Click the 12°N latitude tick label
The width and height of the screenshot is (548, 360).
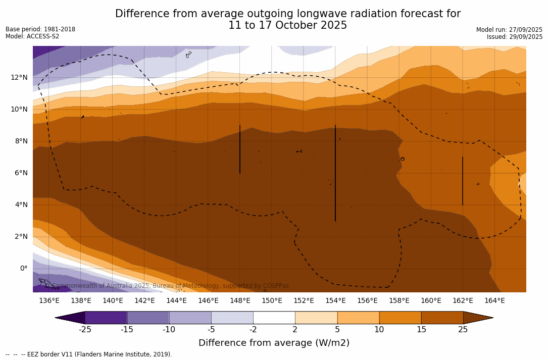pyautogui.click(x=19, y=77)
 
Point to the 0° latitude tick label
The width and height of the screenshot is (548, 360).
pyautogui.click(x=23, y=268)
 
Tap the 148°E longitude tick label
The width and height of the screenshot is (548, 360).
pyautogui.click(x=240, y=301)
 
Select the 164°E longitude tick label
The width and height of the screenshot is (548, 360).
pyautogui.click(x=494, y=301)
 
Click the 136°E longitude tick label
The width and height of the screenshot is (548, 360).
pyautogui.click(x=49, y=301)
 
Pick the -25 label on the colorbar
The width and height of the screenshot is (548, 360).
pyautogui.click(x=85, y=330)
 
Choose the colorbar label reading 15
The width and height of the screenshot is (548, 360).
pyautogui.click(x=421, y=330)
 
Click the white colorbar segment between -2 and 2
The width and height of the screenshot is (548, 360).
pyautogui.click(x=274, y=318)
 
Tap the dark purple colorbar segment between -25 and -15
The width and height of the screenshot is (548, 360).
pyautogui.click(x=106, y=318)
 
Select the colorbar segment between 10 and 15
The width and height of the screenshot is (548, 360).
pyautogui.click(x=400, y=318)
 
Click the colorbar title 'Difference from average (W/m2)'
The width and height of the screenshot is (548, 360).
pyautogui.click(x=274, y=343)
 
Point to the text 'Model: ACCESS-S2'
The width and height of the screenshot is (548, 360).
pyautogui.click(x=32, y=36)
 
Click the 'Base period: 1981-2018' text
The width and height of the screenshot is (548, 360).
pyautogui.click(x=40, y=29)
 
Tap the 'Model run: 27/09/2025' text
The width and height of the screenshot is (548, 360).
pyautogui.click(x=509, y=30)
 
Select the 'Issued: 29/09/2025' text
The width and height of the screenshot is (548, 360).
pyautogui.click(x=515, y=37)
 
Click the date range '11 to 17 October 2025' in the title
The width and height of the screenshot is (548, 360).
pyautogui.click(x=287, y=25)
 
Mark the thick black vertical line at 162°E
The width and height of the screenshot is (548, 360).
pyautogui.click(x=463, y=181)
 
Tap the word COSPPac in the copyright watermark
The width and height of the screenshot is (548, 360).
pyautogui.click(x=276, y=286)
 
